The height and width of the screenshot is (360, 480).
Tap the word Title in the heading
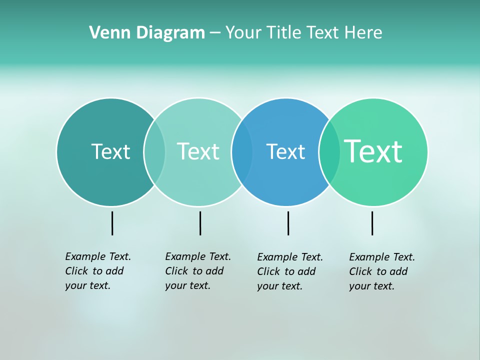[284, 33]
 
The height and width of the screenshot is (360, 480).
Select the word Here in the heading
[363, 33]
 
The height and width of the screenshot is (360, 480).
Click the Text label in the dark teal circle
[110, 151]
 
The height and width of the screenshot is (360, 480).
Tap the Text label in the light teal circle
[198, 151]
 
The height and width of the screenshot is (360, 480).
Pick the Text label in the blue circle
[285, 151]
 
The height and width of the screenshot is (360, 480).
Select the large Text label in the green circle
[373, 151]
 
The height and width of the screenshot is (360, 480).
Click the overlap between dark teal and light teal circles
[154, 151]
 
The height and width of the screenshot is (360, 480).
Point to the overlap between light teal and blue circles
[242, 151]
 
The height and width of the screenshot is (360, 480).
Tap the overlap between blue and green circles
[329, 151]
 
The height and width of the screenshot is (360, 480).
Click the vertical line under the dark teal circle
[112, 223]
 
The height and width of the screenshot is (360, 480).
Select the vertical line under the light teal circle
[200, 223]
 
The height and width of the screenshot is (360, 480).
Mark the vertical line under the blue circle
[288, 223]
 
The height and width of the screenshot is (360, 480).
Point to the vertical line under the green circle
[372, 223]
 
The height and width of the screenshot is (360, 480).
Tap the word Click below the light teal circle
[177, 271]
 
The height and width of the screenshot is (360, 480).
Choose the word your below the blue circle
[267, 286]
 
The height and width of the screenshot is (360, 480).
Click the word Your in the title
[243, 33]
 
